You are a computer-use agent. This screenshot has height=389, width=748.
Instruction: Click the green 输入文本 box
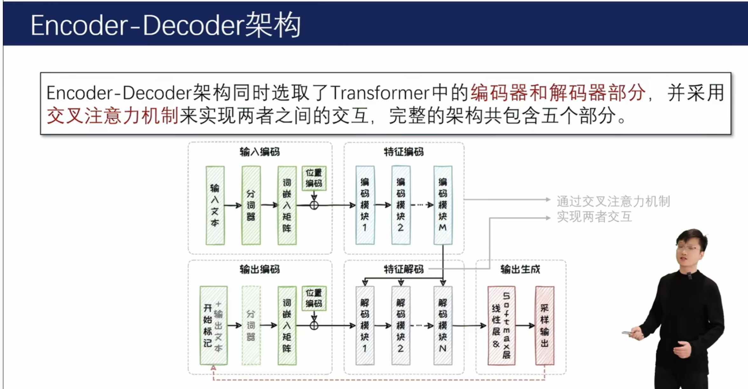click(x=215, y=205)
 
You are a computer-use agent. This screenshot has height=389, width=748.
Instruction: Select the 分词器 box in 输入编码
click(x=251, y=205)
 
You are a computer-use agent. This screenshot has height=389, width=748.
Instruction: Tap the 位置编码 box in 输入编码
click(x=314, y=178)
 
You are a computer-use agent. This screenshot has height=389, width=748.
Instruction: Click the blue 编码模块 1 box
click(x=365, y=205)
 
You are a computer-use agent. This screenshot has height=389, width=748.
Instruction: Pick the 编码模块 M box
click(x=443, y=205)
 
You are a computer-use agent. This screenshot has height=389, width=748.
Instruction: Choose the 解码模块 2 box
click(x=401, y=325)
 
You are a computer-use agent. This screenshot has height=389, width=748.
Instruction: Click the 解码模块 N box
click(x=443, y=325)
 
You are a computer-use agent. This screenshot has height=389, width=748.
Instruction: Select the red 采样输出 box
click(x=545, y=325)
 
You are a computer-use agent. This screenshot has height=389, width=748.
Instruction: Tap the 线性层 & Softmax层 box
click(x=501, y=325)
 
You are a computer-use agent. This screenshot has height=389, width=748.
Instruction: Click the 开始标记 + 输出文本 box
click(x=214, y=325)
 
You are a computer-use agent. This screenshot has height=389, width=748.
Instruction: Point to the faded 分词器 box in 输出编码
click(x=251, y=325)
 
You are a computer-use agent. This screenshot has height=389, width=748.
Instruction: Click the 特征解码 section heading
click(x=404, y=269)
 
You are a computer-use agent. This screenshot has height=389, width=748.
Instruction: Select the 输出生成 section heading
click(x=520, y=269)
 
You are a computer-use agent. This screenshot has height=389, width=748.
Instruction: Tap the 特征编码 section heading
click(x=404, y=152)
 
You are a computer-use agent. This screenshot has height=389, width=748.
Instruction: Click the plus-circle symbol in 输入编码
click(x=314, y=205)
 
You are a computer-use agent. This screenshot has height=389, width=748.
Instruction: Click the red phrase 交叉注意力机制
click(x=112, y=115)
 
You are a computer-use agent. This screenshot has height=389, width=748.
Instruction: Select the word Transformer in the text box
click(x=380, y=93)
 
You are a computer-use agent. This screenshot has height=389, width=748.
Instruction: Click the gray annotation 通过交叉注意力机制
click(x=613, y=201)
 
